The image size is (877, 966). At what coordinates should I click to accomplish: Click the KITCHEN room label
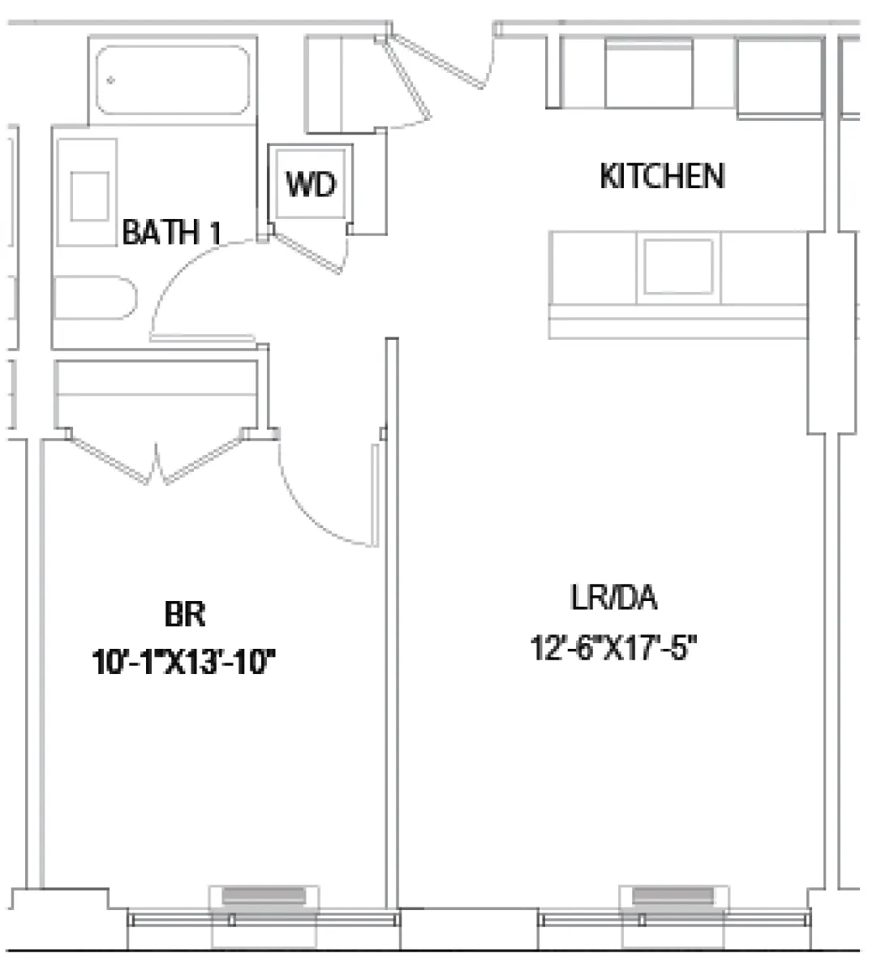661,176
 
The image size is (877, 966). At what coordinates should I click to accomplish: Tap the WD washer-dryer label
311,184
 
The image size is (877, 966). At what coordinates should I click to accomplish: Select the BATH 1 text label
171,233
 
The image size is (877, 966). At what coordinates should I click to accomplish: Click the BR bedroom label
184,614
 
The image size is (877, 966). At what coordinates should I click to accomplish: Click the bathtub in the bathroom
173,79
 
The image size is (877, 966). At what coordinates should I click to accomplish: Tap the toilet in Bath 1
93,298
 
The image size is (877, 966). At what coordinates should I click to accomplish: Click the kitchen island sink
678,267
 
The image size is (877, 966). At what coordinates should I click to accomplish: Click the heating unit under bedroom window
264,896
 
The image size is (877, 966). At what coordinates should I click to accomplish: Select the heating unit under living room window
673,895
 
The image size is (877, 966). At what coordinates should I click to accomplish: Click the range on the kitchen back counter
649,74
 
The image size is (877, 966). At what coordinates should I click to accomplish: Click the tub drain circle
111,79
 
